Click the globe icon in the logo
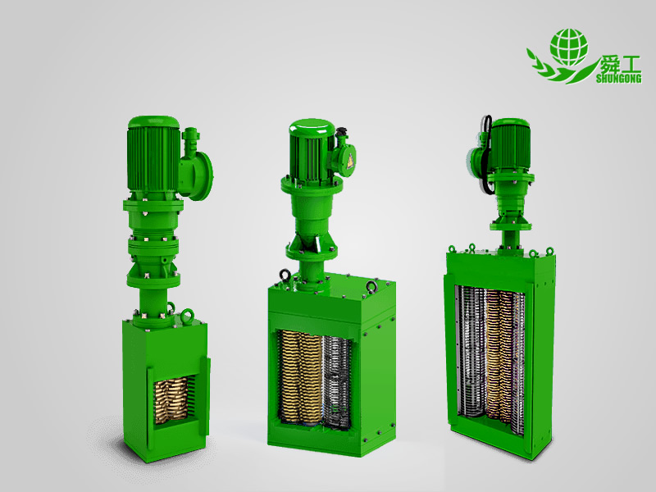coord(569,48)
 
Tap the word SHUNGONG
coord(618,79)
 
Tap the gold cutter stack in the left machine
coord(171,400)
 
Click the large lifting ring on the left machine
coord(188,317)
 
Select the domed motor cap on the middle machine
coord(312,129)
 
